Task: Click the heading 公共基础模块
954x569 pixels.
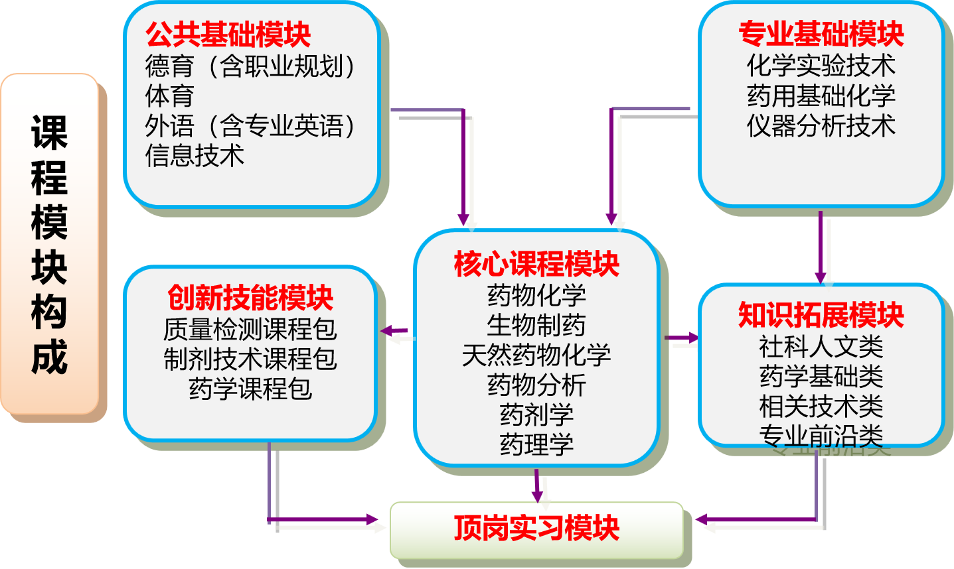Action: coord(228,34)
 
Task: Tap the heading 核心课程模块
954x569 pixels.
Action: coord(536,264)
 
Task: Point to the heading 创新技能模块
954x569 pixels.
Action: coord(250,298)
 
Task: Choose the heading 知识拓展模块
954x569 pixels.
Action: coord(821,315)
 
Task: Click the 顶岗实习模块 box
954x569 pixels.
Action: coord(536,529)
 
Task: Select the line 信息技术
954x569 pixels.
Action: coord(195,155)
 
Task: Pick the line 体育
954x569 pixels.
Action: coord(169,95)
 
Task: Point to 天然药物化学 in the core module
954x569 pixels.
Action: coord(536,355)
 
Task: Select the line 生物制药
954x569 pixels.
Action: coord(536,325)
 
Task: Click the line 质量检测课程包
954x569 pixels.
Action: coord(250,329)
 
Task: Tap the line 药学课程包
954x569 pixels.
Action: coord(250,389)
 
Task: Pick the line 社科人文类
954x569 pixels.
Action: coord(821,346)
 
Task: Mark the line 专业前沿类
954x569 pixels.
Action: coord(821,436)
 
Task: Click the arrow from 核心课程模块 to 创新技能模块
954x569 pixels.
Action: coord(396,332)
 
